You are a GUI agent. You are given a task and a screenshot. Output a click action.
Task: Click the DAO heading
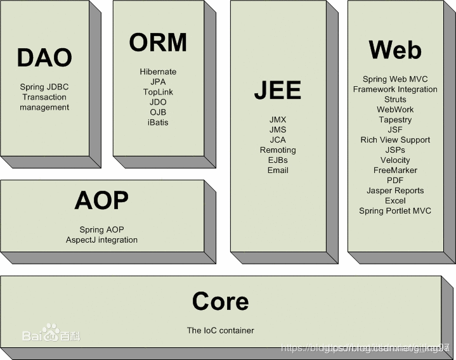(44, 58)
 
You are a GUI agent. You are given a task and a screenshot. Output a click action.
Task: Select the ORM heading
(158, 42)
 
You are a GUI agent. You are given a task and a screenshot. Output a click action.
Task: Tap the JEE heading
(277, 90)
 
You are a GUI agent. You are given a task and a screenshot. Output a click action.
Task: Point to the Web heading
(394, 49)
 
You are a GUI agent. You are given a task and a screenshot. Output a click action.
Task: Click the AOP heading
(101, 200)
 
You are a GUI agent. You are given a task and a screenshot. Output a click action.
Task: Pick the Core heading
(220, 301)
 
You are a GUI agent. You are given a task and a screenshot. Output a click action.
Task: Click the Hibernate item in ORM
(158, 72)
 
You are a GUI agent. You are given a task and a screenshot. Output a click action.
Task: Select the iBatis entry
(158, 122)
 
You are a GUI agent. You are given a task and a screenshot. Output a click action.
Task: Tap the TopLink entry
(158, 92)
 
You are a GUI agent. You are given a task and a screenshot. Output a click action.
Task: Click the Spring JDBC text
(44, 87)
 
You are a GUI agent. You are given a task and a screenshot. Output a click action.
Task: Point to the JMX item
(278, 119)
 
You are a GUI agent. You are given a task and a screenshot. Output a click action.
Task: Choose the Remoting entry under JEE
(278, 150)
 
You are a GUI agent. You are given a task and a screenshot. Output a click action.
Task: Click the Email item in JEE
(278, 170)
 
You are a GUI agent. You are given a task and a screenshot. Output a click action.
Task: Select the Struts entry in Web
(395, 100)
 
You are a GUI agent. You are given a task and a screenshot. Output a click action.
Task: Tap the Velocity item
(395, 160)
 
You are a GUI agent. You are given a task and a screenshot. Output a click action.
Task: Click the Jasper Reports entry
(395, 190)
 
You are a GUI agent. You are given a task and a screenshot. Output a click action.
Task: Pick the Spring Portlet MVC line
(395, 210)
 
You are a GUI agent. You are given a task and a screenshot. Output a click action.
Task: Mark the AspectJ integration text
(101, 240)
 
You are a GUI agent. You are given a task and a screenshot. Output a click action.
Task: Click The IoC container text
(220, 330)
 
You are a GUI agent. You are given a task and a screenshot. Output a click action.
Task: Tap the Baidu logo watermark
(51, 333)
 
